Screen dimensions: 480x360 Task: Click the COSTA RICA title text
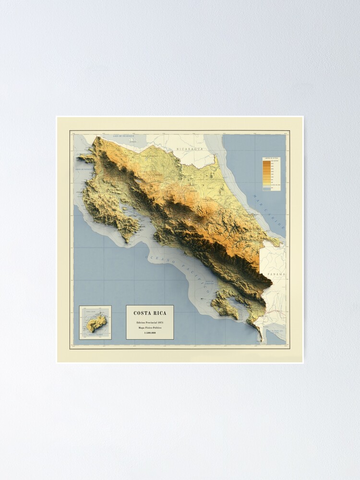coord(150,313)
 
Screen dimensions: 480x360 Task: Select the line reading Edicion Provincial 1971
coord(150,322)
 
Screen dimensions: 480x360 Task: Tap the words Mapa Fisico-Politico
coord(150,328)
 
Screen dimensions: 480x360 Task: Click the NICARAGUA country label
coord(188,149)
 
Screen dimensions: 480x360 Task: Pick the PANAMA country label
coord(276,275)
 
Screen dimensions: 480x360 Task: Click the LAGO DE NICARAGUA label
coord(122,136)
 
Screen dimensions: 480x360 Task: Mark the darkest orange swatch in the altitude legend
coord(266,163)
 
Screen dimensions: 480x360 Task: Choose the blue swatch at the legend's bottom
coord(266,189)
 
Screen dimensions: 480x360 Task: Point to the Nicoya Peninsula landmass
coord(103,202)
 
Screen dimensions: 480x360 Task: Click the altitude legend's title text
coord(271,159)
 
